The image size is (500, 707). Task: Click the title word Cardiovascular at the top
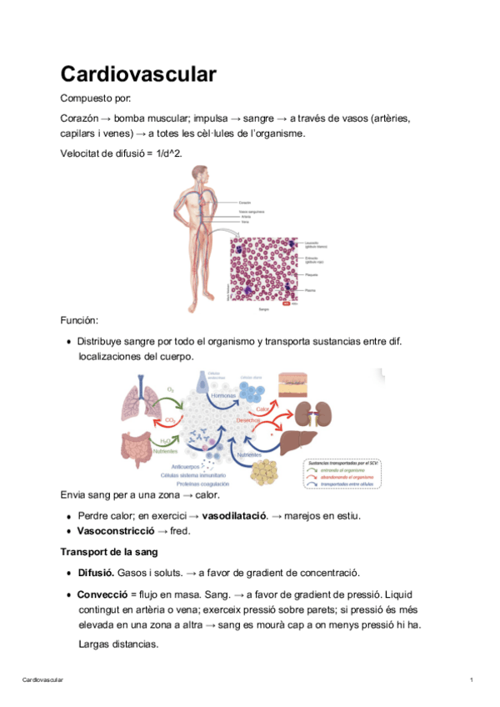[138, 74]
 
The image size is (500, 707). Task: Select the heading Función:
[80, 319]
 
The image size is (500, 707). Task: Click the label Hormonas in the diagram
[222, 395]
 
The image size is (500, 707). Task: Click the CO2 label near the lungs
[170, 419]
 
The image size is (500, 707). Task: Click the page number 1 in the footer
[472, 681]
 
